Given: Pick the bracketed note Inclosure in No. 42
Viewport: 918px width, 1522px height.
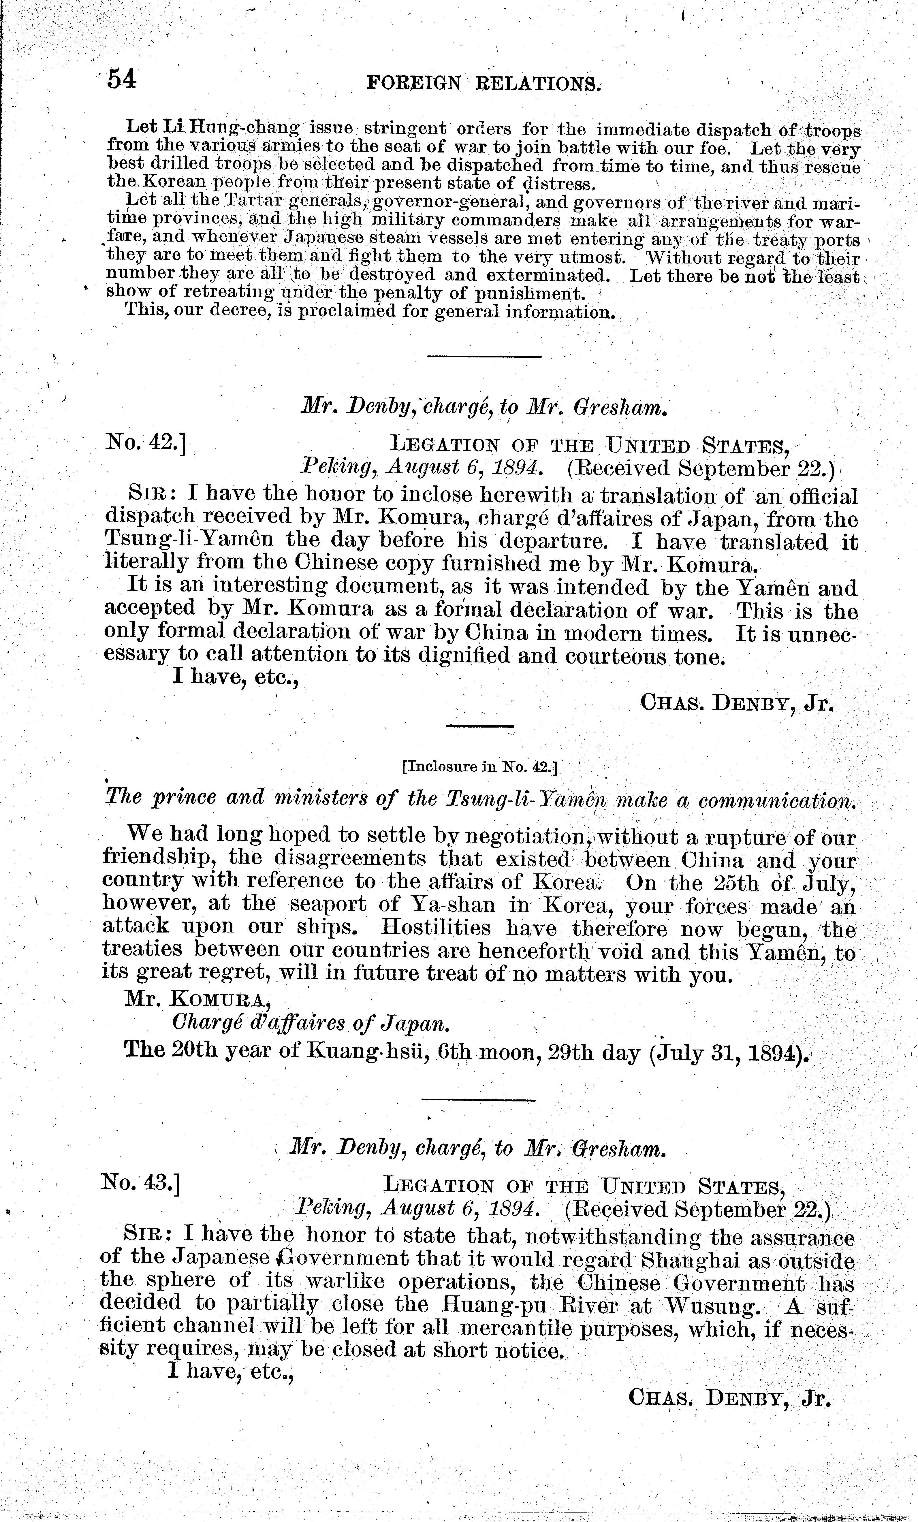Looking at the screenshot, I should (x=479, y=768).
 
